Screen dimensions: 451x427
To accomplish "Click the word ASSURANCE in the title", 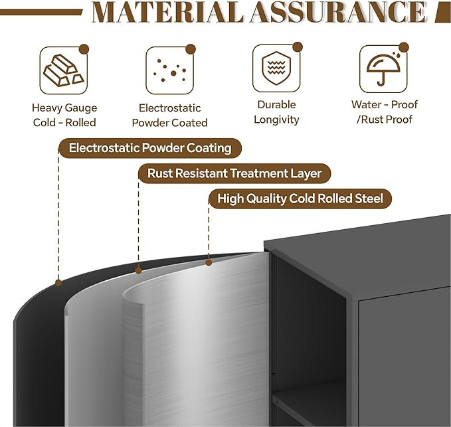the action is pyautogui.click(x=338, y=13).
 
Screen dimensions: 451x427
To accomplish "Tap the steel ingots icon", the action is pyautogui.click(x=64, y=71).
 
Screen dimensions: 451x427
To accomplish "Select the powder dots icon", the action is pyautogui.click(x=170, y=71).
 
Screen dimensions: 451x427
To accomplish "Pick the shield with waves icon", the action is pyautogui.click(x=276, y=68).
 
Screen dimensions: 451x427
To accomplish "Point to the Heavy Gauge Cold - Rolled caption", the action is pyautogui.click(x=64, y=116).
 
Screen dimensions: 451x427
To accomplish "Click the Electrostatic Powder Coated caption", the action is pyautogui.click(x=169, y=116).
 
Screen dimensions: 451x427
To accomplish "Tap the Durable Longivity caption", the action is pyautogui.click(x=276, y=112).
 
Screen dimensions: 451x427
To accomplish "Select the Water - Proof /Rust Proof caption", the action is pyautogui.click(x=385, y=112).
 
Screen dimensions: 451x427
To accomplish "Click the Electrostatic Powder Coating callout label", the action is pyautogui.click(x=150, y=148).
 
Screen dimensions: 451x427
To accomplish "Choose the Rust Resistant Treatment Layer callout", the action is pyautogui.click(x=234, y=173).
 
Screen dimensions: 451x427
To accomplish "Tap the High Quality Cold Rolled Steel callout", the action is pyautogui.click(x=300, y=199).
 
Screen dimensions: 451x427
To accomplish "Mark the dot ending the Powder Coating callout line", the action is pyautogui.click(x=58, y=283).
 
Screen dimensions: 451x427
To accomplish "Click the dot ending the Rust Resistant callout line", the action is pyautogui.click(x=138, y=270).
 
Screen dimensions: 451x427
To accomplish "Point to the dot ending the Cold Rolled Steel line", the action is pyautogui.click(x=209, y=262).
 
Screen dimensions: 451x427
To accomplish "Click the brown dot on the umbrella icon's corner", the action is pyautogui.click(x=404, y=47).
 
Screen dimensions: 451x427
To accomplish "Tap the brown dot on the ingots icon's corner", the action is pyautogui.click(x=84, y=49).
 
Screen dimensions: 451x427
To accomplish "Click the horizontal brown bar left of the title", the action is pyautogui.click(x=41, y=13).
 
